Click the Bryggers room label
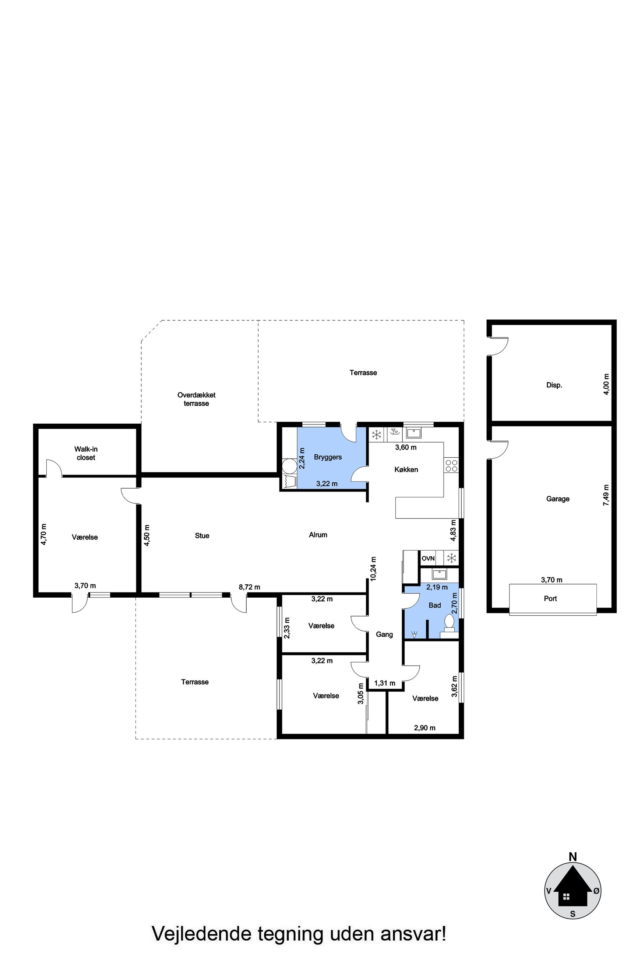(328, 457)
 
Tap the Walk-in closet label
(86, 454)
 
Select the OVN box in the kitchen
(428, 558)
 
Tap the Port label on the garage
(550, 598)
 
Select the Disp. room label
(554, 385)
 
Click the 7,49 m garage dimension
(606, 495)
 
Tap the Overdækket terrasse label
(197, 399)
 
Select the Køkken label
(406, 469)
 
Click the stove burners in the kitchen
(451, 466)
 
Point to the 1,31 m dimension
(384, 683)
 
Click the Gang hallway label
(384, 634)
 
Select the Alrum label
(318, 535)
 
